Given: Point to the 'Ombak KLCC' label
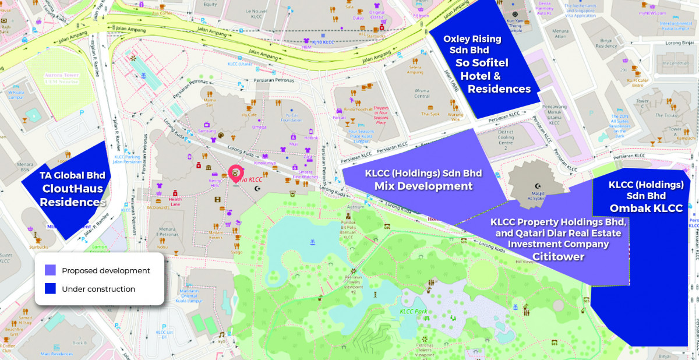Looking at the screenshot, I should [646, 208].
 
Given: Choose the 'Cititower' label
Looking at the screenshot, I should [558, 256].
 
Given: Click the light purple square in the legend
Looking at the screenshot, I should [50, 271].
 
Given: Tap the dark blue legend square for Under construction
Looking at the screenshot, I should [50, 289].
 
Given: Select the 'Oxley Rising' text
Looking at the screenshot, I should [472, 39].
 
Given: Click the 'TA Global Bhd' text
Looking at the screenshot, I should [69, 175].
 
